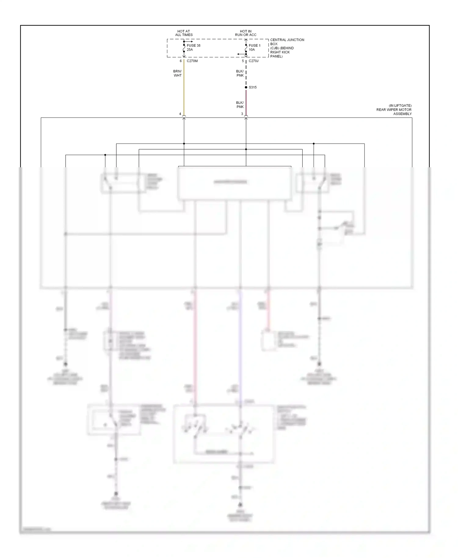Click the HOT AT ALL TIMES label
(184, 33)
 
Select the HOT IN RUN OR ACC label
(245, 33)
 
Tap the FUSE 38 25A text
(193, 47)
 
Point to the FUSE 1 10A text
(254, 47)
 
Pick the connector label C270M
(192, 61)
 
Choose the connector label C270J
(253, 61)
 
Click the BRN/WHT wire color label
(177, 73)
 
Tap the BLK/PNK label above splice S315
(240, 73)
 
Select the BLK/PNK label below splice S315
(240, 105)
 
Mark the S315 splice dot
(246, 87)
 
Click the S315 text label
(253, 87)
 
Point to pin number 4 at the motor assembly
(180, 114)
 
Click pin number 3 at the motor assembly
(242, 114)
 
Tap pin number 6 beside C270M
(180, 61)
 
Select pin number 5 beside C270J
(243, 61)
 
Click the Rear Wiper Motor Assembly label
(394, 110)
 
